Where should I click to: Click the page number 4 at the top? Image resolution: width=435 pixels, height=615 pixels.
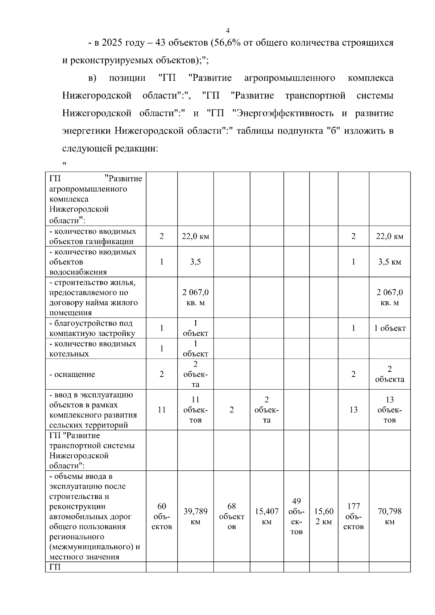228,30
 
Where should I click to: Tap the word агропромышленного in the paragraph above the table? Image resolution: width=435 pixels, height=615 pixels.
289,78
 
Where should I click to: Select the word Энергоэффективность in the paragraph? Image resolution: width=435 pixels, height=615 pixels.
285,113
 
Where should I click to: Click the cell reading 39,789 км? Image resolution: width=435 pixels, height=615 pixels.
195,516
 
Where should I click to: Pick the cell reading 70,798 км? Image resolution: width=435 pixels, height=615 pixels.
390,516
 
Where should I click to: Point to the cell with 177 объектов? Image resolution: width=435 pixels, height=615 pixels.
353,516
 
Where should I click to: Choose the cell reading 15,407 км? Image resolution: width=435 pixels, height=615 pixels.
266,516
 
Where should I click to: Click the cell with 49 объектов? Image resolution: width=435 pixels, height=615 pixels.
297,516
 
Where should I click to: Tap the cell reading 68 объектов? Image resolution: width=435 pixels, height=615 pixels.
232,516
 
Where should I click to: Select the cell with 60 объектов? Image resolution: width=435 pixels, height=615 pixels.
162,516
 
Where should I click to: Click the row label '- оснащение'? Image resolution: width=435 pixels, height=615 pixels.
72,374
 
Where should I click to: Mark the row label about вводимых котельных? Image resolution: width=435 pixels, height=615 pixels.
93,349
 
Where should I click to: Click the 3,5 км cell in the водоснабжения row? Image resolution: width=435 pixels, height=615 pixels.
390,262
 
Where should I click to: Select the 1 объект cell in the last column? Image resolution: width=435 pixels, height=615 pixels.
390,328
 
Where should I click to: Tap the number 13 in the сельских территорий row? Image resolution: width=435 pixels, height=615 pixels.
353,410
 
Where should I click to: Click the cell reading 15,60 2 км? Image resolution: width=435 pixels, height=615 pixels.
323,516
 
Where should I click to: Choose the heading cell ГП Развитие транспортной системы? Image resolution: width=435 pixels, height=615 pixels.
92,450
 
